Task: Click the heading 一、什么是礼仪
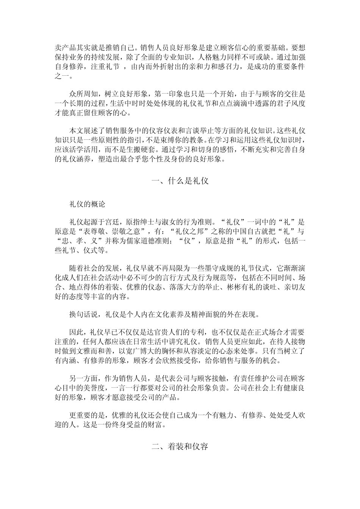point(180,181)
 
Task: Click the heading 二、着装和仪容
point(180,447)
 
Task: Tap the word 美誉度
point(92,389)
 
